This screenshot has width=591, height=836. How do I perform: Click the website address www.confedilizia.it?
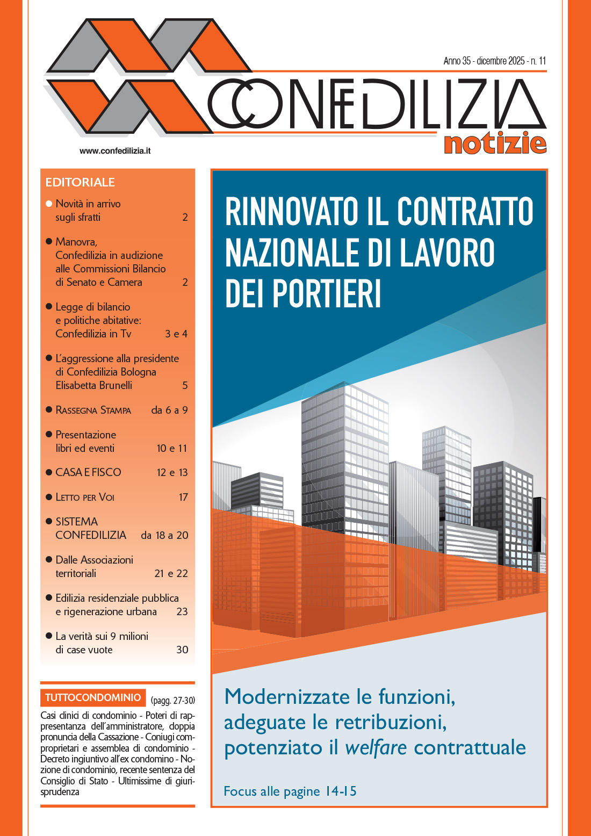(115, 151)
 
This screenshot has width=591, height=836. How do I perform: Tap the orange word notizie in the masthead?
(495, 144)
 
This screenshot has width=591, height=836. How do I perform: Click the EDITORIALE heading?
(80, 182)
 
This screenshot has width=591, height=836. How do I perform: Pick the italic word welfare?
(376, 747)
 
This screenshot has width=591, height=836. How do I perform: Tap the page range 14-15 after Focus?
(341, 791)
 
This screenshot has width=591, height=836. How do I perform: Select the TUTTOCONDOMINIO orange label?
(93, 698)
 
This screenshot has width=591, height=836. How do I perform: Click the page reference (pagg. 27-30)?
(172, 701)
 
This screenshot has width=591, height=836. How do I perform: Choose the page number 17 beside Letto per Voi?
(183, 498)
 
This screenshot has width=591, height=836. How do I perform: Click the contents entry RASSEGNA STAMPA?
(93, 410)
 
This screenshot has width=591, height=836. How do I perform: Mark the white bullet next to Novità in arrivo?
(49, 204)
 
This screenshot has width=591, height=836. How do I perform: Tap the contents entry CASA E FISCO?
(88, 472)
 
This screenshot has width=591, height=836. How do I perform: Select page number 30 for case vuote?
(182, 650)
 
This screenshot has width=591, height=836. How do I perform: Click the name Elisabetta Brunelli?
(93, 385)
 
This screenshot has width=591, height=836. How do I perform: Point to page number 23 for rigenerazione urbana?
(182, 611)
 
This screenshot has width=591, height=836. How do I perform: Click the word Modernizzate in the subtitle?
(287, 697)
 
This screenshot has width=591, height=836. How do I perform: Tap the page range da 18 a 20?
(164, 535)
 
